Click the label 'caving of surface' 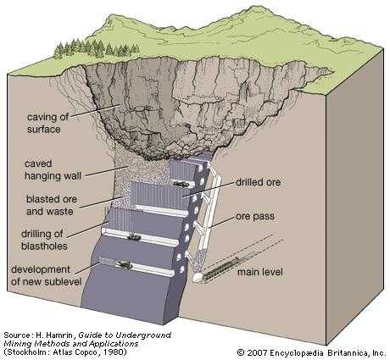(x=47, y=123)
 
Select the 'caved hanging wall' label (x=53, y=169)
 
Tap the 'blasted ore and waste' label (x=52, y=205)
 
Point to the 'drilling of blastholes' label (x=44, y=240)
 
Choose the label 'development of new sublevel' (x=46, y=275)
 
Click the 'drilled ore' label (x=258, y=182)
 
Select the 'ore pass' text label (x=255, y=217)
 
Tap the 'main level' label (x=260, y=272)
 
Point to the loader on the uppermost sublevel (x=181, y=185)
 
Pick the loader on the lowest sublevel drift (x=125, y=264)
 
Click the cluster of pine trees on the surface (x=96, y=48)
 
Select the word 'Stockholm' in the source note (x=25, y=352)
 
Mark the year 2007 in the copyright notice (x=257, y=353)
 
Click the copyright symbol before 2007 (x=241, y=353)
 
